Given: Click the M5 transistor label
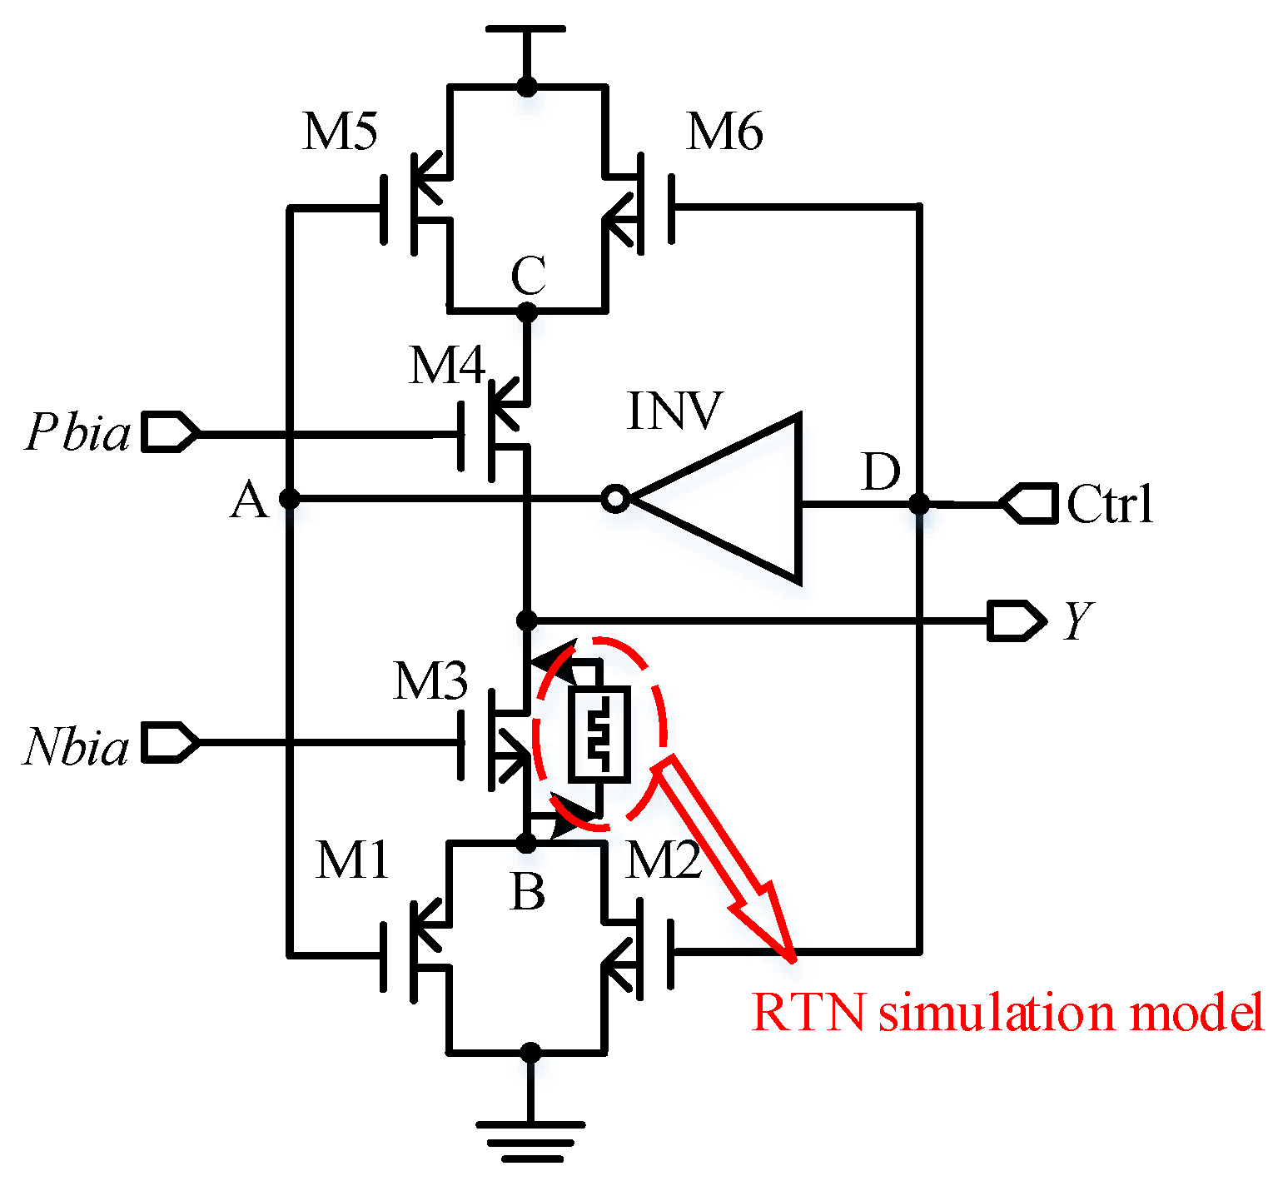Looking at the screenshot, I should tap(340, 132).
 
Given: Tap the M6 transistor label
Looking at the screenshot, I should tap(724, 132).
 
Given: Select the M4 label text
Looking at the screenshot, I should tap(446, 365).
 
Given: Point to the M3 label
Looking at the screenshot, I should tap(430, 681).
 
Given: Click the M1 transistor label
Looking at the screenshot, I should tap(352, 860).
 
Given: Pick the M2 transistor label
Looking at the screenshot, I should tap(664, 860).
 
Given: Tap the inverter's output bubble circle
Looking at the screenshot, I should tap(614, 499).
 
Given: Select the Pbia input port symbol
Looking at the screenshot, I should tap(170, 431).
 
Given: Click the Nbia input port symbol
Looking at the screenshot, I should tap(170, 741).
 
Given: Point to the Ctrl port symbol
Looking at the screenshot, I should tap(1028, 503).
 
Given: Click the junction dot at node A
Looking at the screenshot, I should tap(289, 499).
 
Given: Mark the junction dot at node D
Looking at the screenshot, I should tap(919, 503).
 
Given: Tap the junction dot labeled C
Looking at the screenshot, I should tap(527, 312).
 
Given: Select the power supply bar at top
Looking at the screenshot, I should tap(526, 30).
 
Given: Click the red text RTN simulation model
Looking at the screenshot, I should tap(1007, 1012).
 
